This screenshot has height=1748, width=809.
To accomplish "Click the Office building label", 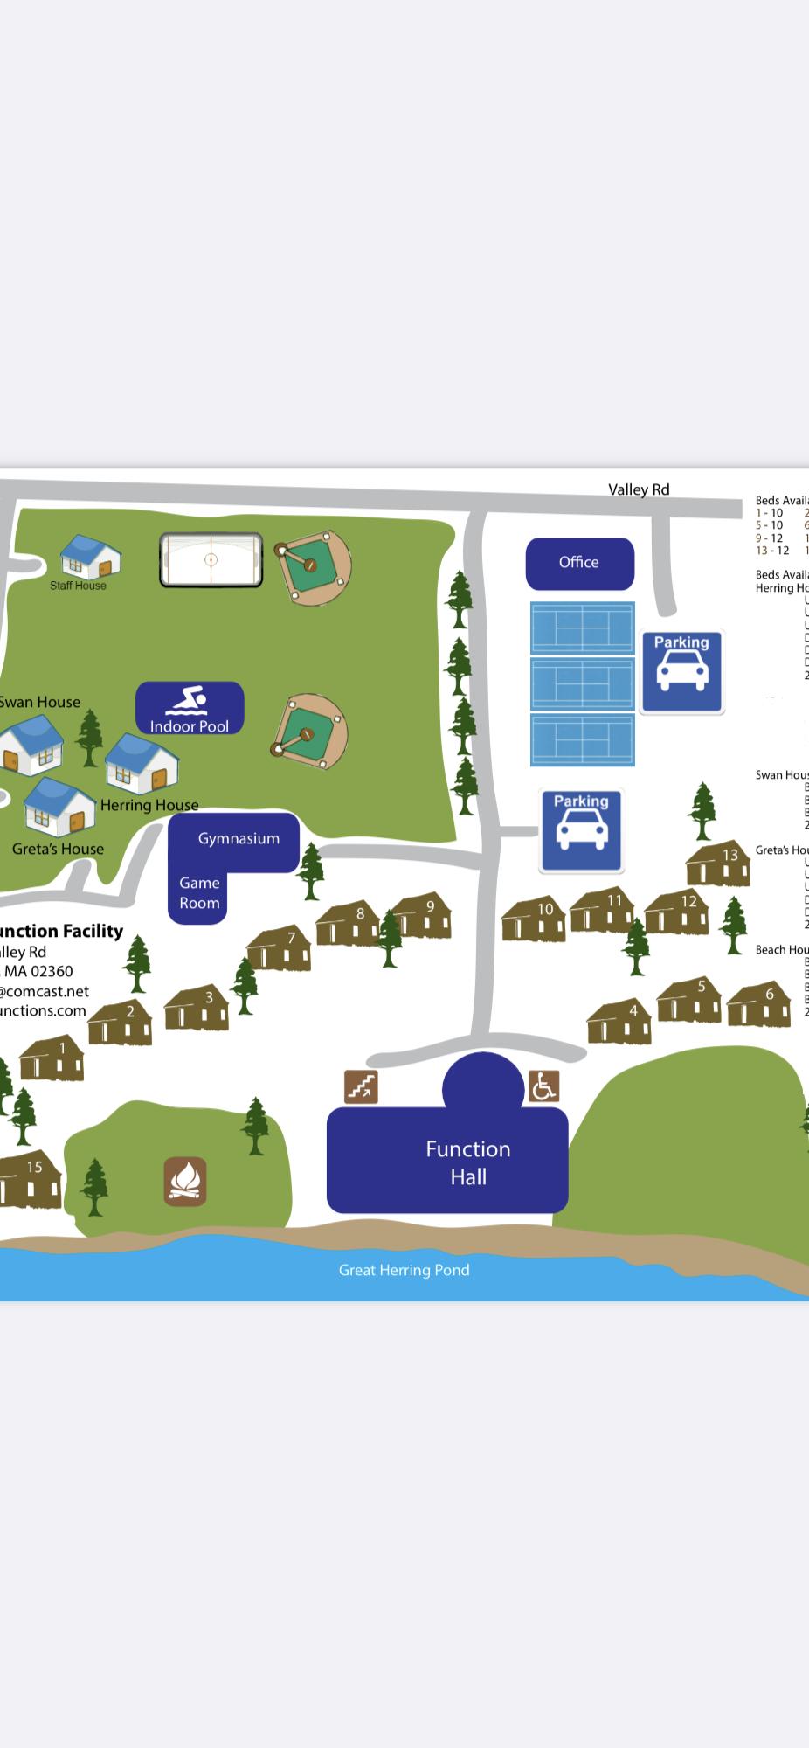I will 579,563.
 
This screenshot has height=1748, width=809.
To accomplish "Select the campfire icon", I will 185,1182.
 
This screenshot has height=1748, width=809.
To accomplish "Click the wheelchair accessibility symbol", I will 543,1086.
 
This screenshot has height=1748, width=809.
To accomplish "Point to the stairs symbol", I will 361,1086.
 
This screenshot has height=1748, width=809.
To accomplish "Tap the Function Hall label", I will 467,1162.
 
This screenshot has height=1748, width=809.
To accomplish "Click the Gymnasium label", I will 239,839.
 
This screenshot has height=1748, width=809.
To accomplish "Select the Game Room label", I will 199,893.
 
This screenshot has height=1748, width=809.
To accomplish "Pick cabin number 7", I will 279,948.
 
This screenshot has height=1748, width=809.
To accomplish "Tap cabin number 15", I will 31,1179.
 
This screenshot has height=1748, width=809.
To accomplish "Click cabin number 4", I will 620,1022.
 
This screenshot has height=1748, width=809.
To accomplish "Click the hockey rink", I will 211,560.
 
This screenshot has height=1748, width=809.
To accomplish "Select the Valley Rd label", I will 639,489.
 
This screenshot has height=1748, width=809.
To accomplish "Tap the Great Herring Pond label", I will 404,1270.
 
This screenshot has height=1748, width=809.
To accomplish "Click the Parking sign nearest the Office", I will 681,671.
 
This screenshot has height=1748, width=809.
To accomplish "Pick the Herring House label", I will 149,805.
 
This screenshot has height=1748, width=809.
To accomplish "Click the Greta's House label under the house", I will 58,849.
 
